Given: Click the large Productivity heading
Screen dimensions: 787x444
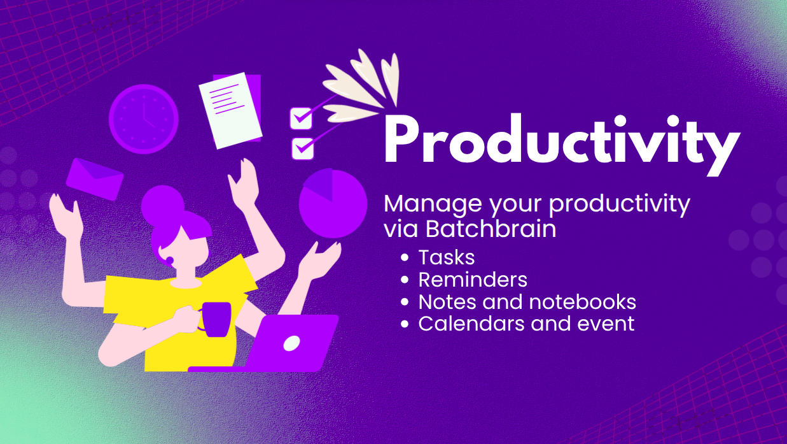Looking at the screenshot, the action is pyautogui.click(x=562, y=143).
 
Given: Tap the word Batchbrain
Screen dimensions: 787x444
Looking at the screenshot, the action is pyautogui.click(x=491, y=229).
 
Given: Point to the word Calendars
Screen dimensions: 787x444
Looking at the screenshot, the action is pyautogui.click(x=472, y=324).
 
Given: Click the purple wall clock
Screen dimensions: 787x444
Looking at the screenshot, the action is pyautogui.click(x=144, y=119).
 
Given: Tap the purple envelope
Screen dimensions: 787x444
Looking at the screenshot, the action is pyautogui.click(x=95, y=180).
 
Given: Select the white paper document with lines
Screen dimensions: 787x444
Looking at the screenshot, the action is pyautogui.click(x=230, y=110).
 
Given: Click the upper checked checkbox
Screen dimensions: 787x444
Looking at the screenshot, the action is pyautogui.click(x=301, y=118).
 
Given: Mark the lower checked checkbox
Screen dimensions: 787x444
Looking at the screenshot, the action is pyautogui.click(x=302, y=148).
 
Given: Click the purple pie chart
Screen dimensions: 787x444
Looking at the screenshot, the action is pyautogui.click(x=333, y=203).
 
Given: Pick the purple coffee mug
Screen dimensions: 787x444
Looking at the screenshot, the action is pyautogui.click(x=216, y=319).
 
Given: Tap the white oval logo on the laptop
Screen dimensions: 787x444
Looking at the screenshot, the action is pyautogui.click(x=291, y=343).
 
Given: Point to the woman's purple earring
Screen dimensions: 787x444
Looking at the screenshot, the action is pyautogui.click(x=170, y=261).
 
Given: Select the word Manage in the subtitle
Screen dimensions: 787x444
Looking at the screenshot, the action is pyautogui.click(x=433, y=204).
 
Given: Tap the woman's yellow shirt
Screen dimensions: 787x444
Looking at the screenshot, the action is pyautogui.click(x=179, y=313).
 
